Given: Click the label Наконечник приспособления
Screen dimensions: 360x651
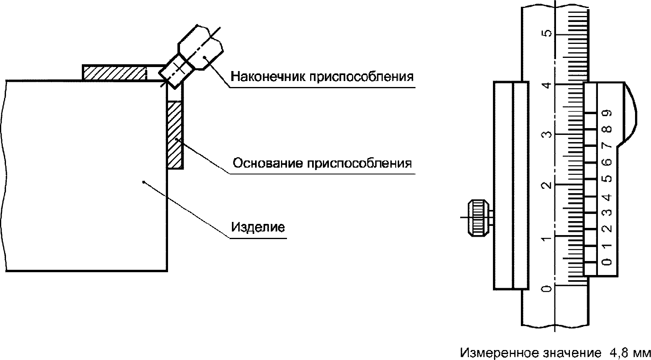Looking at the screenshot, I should pyautogui.click(x=322, y=76).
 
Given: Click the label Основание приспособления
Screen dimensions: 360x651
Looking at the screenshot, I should pyautogui.click(x=322, y=163).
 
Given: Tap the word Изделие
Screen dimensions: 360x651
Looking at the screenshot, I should pyautogui.click(x=258, y=227).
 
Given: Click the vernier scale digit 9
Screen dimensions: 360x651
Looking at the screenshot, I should pyautogui.click(x=608, y=113).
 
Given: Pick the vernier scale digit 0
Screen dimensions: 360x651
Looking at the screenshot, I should pyautogui.click(x=608, y=262).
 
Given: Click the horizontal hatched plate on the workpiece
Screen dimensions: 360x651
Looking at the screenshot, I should pyautogui.click(x=114, y=73).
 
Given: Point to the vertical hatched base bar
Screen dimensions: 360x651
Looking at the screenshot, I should pyautogui.click(x=175, y=135).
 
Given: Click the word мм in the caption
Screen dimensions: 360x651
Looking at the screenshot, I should pyautogui.click(x=642, y=354).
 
